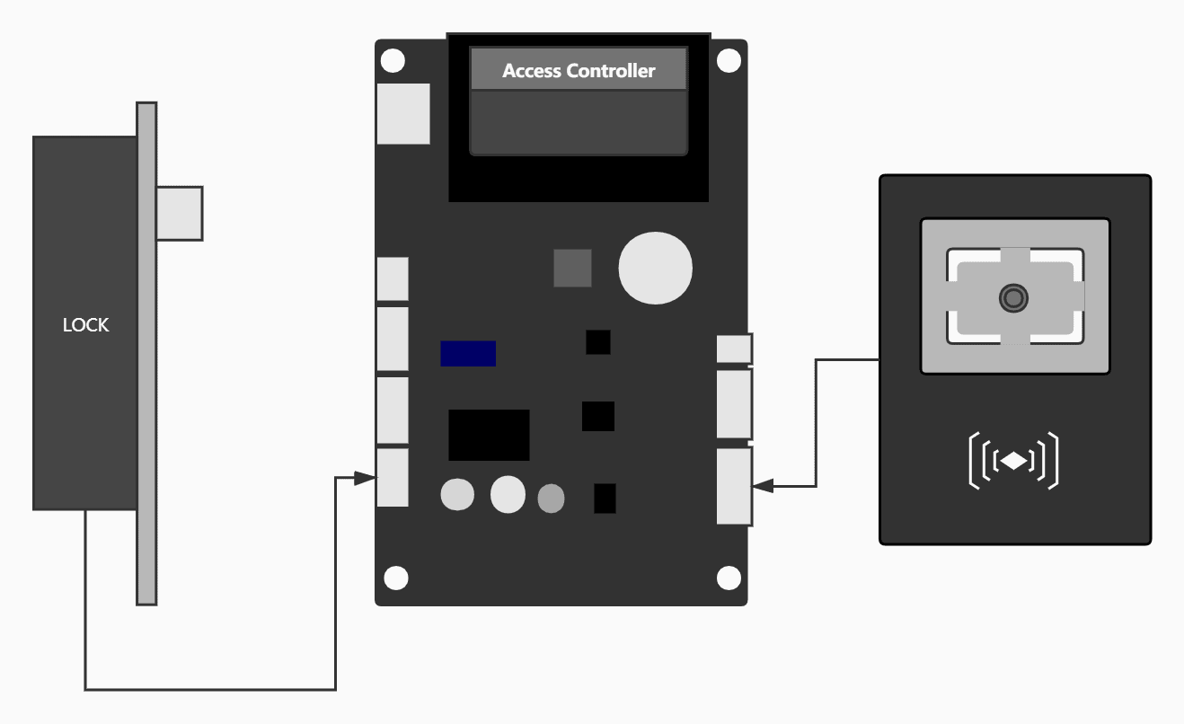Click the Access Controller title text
coord(579,71)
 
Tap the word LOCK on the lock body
coord(85,325)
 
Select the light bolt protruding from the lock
coord(180,213)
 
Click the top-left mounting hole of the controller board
coord(393,61)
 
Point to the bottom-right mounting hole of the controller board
coord(729,577)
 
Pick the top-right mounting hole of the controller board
coord(729,61)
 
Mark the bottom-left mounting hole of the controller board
coord(395,577)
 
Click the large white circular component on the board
coord(656,267)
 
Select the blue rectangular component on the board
coord(468,354)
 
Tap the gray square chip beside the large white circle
coord(572,268)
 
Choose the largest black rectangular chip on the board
coord(489,435)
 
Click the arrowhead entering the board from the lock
coord(366,478)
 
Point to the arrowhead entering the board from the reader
coord(763,486)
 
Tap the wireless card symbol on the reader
coord(1013,461)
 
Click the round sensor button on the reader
coord(1014,297)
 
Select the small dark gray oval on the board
coord(551,498)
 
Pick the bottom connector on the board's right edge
coord(734,486)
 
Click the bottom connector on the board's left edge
coord(393,478)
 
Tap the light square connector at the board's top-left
coord(403,114)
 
